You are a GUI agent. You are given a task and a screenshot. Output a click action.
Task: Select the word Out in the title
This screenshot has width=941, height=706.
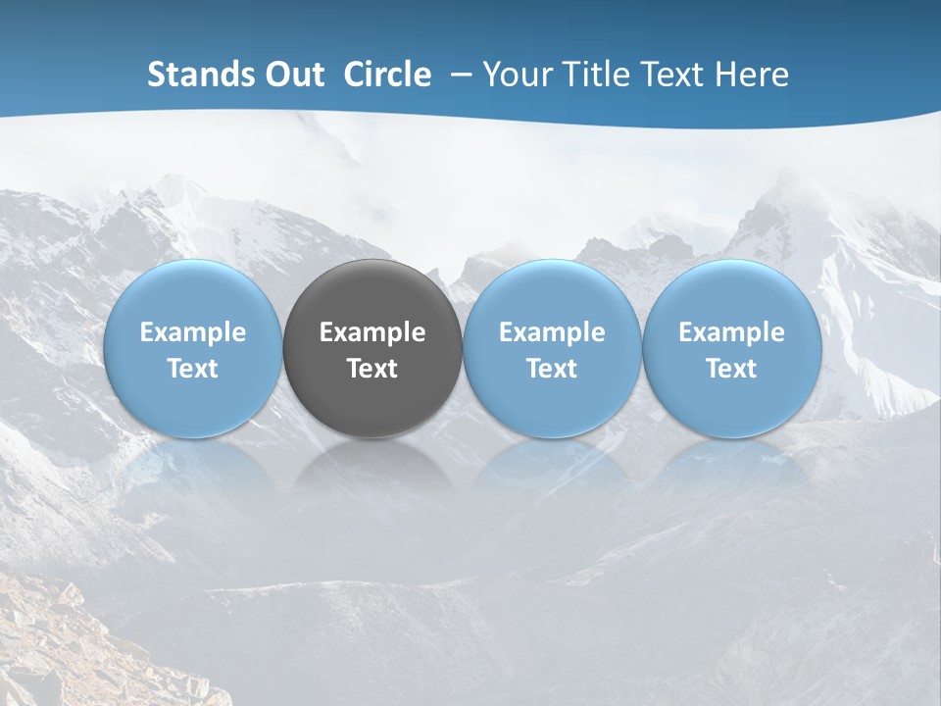tap(292, 75)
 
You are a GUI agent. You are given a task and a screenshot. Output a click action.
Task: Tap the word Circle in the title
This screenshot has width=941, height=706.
tap(387, 75)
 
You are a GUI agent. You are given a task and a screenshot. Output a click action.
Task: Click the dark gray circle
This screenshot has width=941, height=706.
tap(372, 294)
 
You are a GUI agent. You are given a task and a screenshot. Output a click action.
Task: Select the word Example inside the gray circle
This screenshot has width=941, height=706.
tap(372, 332)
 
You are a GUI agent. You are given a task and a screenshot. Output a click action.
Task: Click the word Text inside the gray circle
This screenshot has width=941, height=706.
tap(372, 369)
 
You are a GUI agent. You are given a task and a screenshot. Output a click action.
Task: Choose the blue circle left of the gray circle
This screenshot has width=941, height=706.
tap(193, 294)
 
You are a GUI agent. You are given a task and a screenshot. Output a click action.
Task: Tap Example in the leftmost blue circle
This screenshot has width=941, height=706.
tap(193, 332)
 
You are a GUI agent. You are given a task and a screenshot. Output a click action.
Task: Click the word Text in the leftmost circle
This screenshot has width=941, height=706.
tap(193, 369)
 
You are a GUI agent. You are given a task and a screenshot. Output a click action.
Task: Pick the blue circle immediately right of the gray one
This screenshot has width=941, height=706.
tap(552, 294)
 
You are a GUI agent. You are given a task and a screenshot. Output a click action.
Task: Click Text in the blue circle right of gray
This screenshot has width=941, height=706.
tap(552, 369)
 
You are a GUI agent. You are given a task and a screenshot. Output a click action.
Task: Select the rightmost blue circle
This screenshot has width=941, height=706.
tap(731, 294)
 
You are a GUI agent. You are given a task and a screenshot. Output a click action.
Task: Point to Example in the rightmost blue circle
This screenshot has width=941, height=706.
tap(731, 332)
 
